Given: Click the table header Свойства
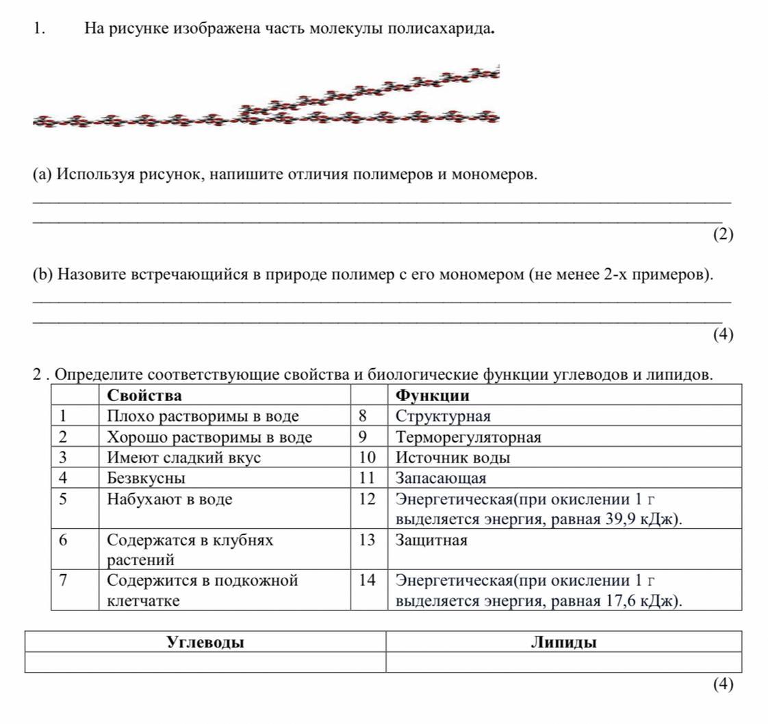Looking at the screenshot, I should tap(144, 396).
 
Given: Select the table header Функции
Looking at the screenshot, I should tap(433, 396).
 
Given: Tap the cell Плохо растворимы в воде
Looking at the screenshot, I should tap(203, 416).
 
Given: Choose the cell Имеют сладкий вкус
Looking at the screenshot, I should tap(183, 458).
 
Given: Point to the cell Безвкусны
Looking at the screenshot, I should tap(146, 478).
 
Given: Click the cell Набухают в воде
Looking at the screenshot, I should tap(170, 500).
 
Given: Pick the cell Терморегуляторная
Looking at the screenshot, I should tap(468, 437).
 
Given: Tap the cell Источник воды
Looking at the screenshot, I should tap(452, 458).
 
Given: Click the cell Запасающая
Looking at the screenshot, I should tap(441, 478).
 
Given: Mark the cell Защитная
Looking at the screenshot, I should tap(431, 541).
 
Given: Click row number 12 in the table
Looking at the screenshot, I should tap(367, 500).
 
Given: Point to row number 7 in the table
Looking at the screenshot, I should tap(63, 581).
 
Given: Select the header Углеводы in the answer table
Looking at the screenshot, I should tap(205, 643).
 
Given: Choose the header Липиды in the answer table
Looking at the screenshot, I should tap(563, 643).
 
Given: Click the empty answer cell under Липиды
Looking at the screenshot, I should tap(563, 662).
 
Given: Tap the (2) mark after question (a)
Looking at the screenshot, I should tap(723, 235).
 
